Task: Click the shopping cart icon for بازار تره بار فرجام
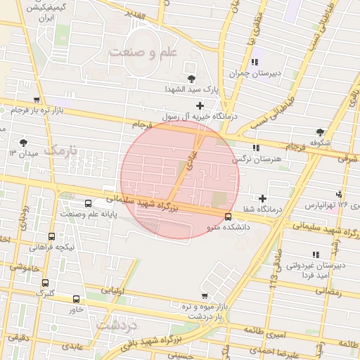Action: pos(37,100)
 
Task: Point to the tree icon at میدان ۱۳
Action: pos(25,142)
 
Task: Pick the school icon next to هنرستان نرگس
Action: pos(255,148)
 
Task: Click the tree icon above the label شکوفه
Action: pos(321,131)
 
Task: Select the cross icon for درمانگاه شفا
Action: pos(263,199)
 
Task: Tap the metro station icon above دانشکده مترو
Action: pos(227,217)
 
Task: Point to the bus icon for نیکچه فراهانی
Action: pos(51,237)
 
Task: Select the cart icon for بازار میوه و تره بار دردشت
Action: pos(204,296)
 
